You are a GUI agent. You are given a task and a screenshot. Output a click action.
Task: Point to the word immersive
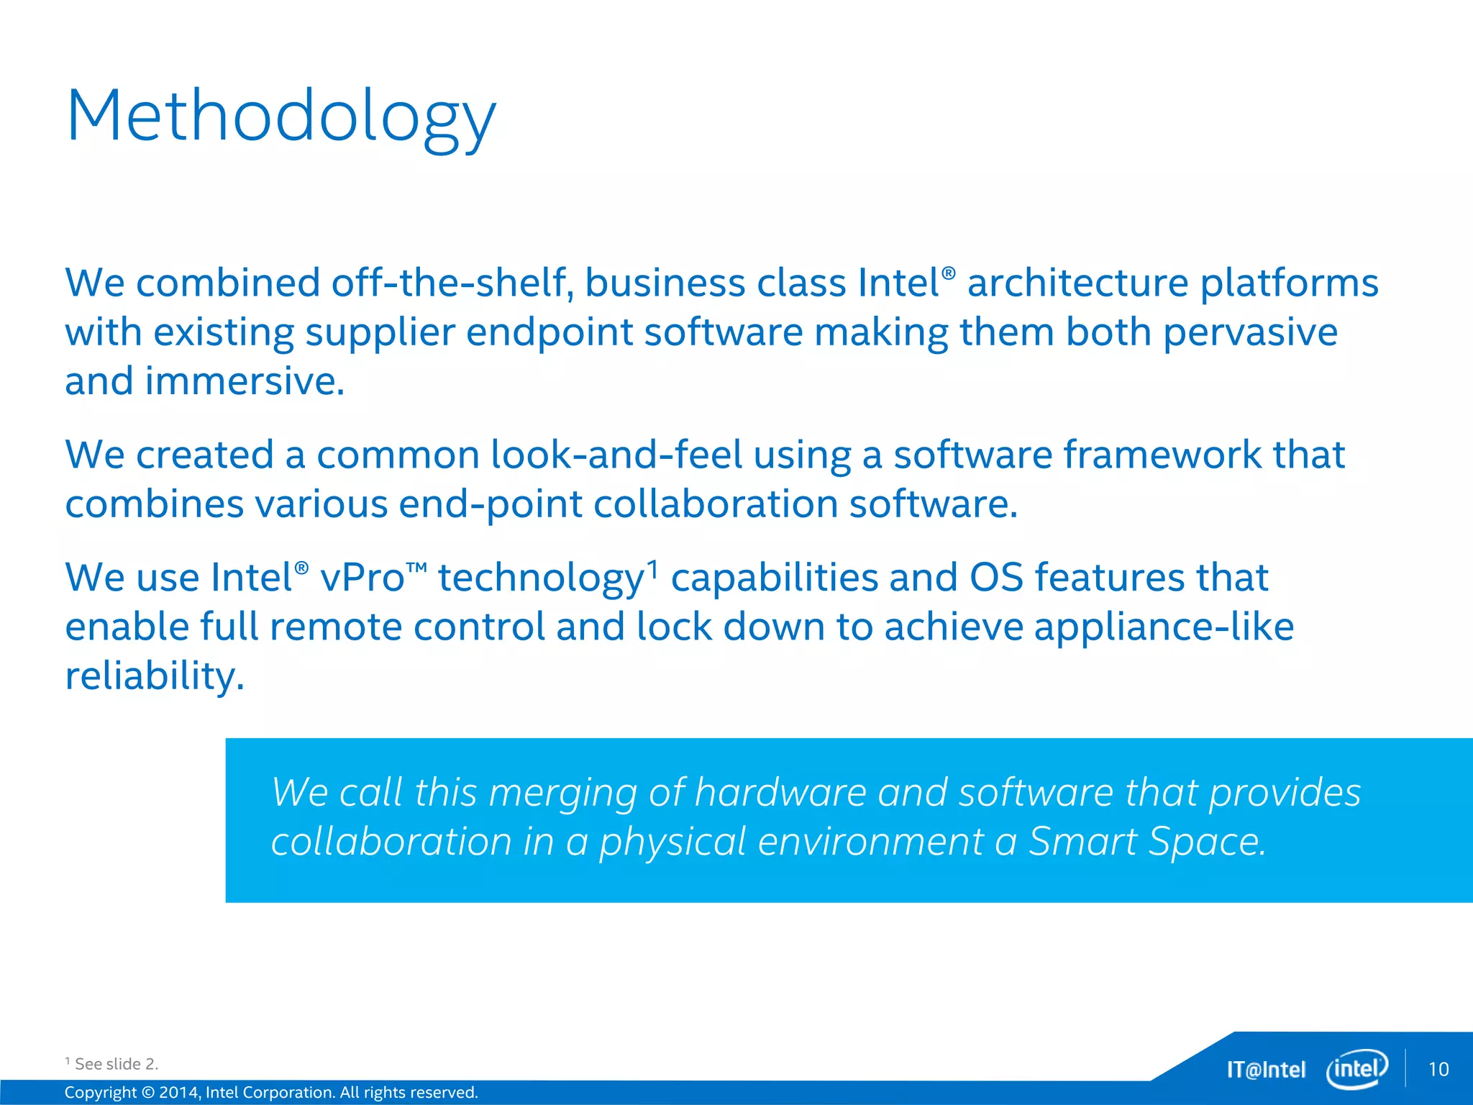click(x=245, y=381)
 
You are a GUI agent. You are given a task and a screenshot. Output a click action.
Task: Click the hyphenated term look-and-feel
click(x=616, y=455)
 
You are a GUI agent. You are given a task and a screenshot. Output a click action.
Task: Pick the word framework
click(x=1162, y=455)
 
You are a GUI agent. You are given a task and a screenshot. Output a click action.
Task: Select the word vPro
click(x=362, y=578)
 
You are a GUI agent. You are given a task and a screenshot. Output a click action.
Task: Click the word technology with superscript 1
click(x=541, y=579)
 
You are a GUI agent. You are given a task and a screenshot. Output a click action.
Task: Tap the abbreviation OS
click(x=996, y=578)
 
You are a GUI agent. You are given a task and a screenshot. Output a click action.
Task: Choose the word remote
click(x=335, y=627)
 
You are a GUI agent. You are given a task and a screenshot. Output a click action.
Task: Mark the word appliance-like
click(x=1161, y=627)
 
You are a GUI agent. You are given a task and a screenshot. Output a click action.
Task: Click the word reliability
click(x=154, y=676)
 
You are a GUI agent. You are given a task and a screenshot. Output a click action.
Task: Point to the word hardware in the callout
click(x=780, y=793)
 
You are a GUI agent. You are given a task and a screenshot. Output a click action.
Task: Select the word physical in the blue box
click(x=672, y=842)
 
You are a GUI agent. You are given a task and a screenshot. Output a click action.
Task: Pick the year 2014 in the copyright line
click(x=178, y=1092)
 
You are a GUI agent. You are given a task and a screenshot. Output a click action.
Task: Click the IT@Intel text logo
click(x=1266, y=1070)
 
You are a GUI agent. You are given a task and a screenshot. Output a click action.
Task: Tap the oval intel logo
click(x=1356, y=1069)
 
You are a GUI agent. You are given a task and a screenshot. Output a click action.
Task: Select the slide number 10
click(x=1438, y=1069)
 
